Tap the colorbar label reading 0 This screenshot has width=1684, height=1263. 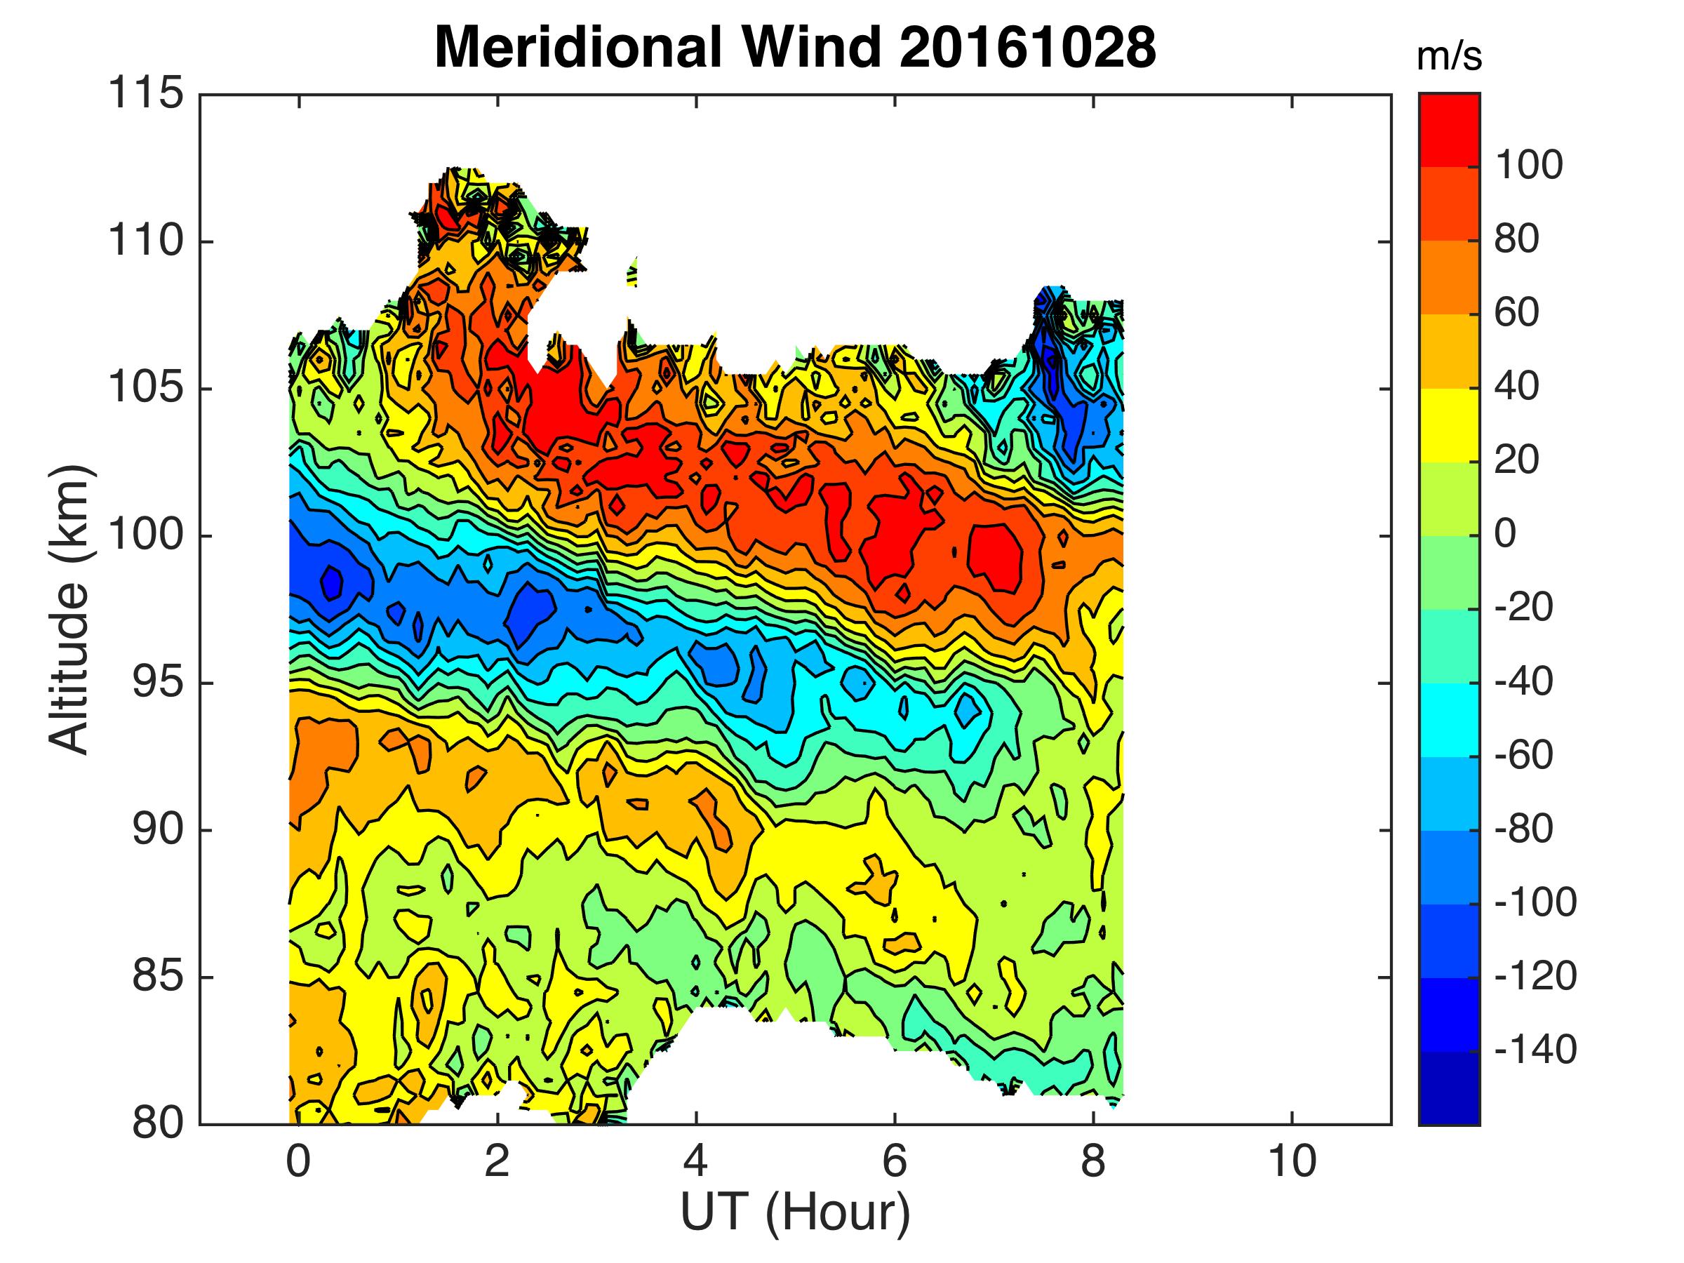1505,535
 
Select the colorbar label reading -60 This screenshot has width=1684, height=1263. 1524,756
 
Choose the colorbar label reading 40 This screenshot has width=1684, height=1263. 1516,387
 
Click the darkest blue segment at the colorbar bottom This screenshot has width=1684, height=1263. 1449,1087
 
